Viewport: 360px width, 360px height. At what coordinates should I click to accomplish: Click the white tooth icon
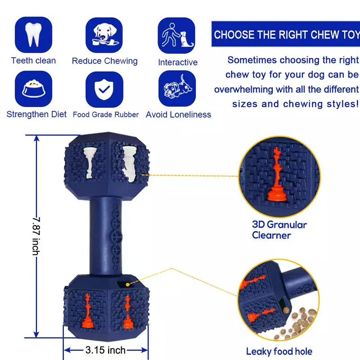coord(33,35)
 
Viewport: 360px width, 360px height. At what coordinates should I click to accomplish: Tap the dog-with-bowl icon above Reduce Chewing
coord(105,35)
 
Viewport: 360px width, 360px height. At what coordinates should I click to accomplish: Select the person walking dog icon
coord(177,35)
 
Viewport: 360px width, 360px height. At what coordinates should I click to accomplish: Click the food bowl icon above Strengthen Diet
coord(33,88)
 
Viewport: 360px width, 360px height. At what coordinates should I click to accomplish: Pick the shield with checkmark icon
coord(104,89)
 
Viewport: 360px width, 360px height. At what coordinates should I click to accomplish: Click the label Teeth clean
coord(33,61)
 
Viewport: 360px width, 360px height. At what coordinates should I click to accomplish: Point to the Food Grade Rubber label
coord(106,115)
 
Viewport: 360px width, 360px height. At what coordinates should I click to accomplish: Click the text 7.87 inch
coord(36,236)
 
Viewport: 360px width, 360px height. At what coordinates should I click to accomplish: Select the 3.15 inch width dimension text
coord(105,350)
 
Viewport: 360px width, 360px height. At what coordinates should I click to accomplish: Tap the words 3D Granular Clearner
coord(279,230)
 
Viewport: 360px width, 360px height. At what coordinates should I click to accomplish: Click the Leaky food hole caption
coord(279,351)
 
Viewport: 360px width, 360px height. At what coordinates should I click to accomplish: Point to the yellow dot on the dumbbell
coord(128,285)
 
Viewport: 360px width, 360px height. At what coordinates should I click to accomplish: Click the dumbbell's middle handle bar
coord(106,236)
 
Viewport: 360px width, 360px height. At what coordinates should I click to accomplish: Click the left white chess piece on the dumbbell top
coord(90,162)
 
